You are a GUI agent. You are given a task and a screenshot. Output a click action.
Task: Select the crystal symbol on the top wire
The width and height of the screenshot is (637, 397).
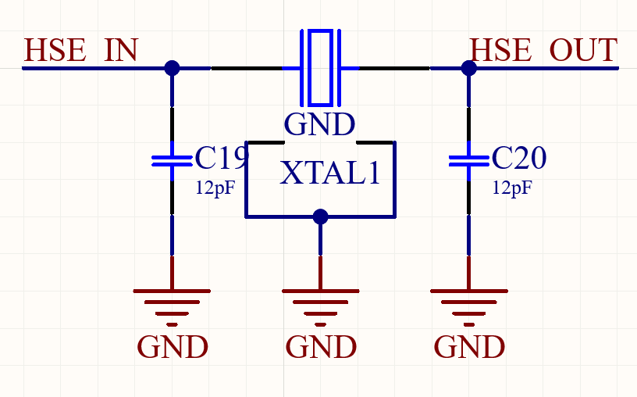coord(320,68)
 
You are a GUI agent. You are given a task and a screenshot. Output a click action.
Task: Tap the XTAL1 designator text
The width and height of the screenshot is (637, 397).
coord(330,173)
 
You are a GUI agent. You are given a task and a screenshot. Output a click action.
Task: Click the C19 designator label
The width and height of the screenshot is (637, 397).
coord(221,159)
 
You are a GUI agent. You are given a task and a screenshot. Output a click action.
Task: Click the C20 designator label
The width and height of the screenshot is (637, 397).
coord(519,159)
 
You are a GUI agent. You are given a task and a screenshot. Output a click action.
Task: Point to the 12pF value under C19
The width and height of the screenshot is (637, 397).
coord(215,188)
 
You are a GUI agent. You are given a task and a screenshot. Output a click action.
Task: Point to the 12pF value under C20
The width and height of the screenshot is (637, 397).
coord(512,188)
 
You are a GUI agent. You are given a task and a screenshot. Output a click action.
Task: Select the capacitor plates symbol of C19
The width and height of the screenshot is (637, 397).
coord(172,160)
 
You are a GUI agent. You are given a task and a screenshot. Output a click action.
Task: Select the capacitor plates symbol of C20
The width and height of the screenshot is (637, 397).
coord(468,160)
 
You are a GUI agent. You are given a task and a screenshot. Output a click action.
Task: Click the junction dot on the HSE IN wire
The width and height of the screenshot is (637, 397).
coord(172,68)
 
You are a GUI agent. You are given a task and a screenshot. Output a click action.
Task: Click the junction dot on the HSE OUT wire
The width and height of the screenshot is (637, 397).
coord(468,68)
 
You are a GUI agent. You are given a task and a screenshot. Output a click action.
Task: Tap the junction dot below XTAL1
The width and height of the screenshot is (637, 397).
coord(320,216)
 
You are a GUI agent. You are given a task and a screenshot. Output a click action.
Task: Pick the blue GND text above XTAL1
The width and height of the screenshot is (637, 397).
coord(319,124)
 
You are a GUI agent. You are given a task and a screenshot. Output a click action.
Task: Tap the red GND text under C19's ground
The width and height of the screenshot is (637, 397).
coord(173,346)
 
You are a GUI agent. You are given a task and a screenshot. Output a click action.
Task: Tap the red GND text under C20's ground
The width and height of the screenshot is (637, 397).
coord(469,346)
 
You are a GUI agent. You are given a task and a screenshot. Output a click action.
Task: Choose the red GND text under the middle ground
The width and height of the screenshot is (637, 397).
coord(321,346)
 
